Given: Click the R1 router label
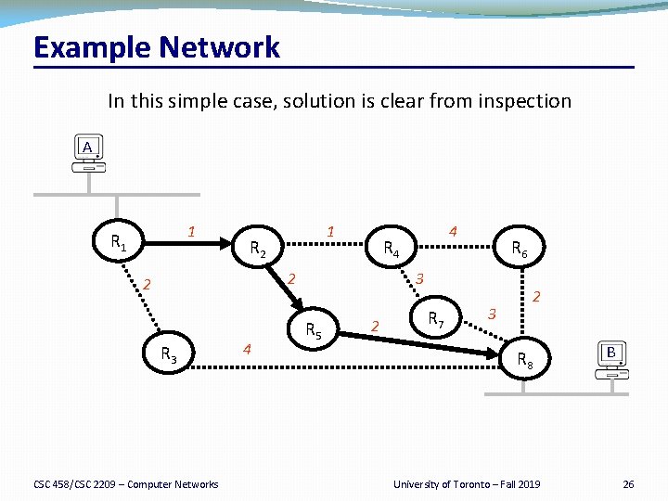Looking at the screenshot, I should click(x=119, y=244).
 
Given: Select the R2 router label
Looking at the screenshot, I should click(x=259, y=249).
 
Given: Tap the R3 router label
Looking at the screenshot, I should click(x=169, y=353).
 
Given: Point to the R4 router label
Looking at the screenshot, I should click(x=392, y=249).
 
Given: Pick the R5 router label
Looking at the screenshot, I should click(x=314, y=330).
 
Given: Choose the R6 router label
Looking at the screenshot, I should click(x=520, y=249).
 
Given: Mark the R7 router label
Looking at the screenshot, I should click(x=435, y=320).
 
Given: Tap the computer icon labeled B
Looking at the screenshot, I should click(x=611, y=360).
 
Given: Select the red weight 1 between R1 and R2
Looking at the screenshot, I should click(x=190, y=231).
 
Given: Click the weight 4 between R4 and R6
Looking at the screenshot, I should click(x=452, y=230).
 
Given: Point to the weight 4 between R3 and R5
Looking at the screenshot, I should click(x=247, y=349).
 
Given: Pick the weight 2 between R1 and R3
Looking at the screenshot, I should click(x=147, y=284).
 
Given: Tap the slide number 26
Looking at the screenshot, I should click(x=628, y=484).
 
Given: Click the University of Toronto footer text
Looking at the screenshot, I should click(x=466, y=484).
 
